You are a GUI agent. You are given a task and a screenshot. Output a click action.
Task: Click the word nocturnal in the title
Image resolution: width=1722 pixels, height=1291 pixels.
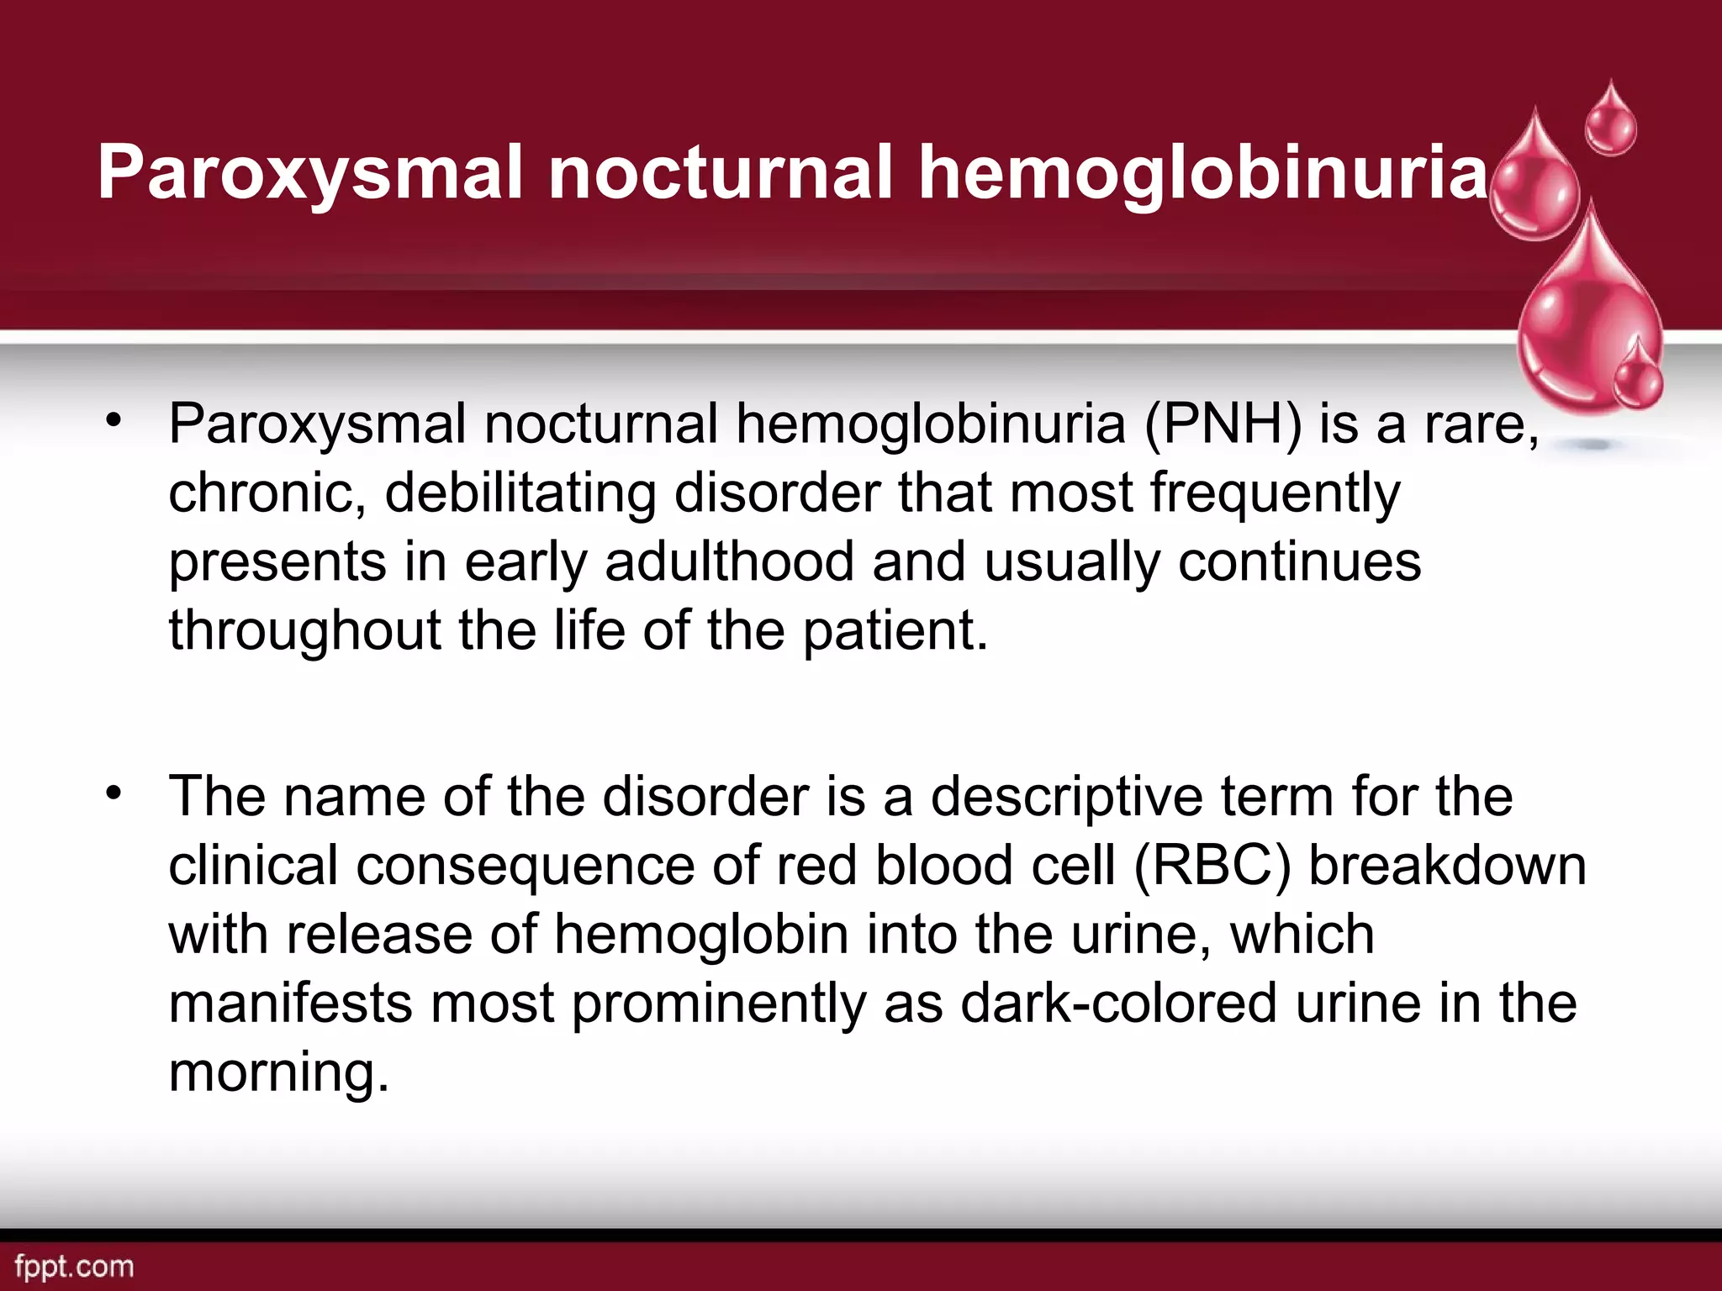(x=719, y=172)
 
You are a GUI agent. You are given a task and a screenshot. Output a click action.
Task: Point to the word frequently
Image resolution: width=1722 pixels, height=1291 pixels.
(x=1275, y=493)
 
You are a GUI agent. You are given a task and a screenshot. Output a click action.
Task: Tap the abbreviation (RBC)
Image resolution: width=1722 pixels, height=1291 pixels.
(x=1212, y=866)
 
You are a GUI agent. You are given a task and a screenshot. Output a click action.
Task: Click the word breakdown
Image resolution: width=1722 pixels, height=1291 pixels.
(x=1447, y=866)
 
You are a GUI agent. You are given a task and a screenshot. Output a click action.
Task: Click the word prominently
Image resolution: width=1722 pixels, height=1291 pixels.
(x=719, y=1004)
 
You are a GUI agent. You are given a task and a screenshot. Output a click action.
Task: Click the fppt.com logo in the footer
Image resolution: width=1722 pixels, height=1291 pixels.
(x=74, y=1267)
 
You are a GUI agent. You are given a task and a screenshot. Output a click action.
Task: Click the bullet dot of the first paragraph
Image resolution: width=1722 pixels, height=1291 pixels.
(x=114, y=419)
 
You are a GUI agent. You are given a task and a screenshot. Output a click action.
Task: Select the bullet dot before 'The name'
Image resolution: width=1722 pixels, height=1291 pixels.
(x=114, y=792)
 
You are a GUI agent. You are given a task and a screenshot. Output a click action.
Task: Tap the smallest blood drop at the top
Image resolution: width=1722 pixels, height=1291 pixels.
(x=1610, y=122)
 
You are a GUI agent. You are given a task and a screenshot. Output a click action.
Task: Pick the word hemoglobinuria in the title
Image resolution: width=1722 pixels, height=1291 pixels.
(x=1203, y=172)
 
